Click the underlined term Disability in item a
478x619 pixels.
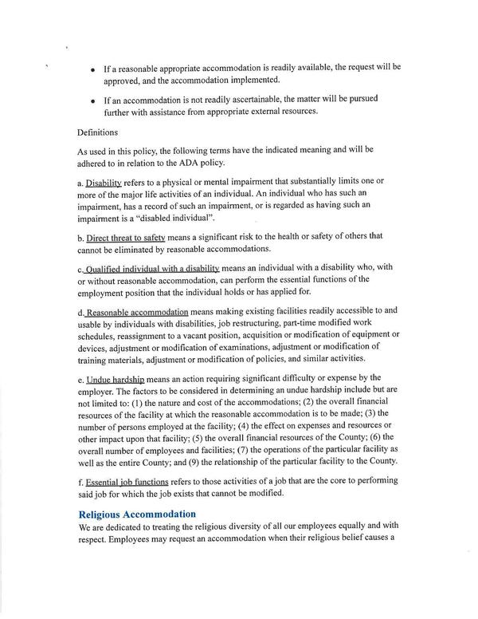(x=104, y=183)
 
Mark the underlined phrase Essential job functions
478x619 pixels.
(x=127, y=482)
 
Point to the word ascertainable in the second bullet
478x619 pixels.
(x=246, y=98)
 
